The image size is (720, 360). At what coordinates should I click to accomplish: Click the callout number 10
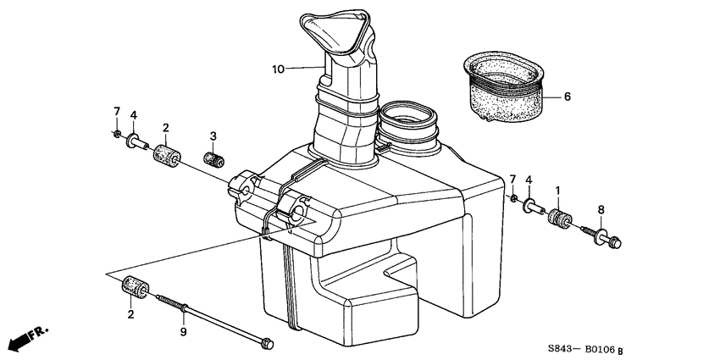(x=278, y=69)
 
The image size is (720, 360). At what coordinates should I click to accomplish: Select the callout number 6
(x=567, y=97)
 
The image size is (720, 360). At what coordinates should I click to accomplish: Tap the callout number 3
(x=213, y=136)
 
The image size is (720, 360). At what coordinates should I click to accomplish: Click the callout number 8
(x=601, y=208)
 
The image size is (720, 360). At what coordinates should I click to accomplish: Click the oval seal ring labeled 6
(x=502, y=92)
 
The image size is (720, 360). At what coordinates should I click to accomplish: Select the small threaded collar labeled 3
(x=213, y=158)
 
